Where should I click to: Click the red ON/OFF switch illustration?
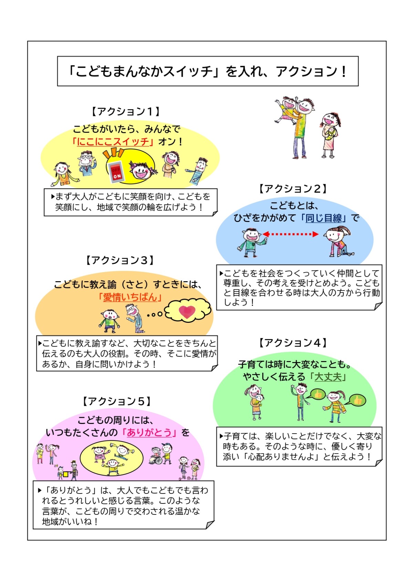coord(115,171)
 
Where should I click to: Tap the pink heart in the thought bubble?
coord(187,312)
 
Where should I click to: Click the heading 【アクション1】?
coord(126,112)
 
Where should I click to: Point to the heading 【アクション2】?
coord(293,189)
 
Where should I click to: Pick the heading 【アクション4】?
coord(293,343)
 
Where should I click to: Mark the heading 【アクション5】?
coord(117,401)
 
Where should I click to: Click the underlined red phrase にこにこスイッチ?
coord(113,142)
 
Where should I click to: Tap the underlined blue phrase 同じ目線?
coord(324,218)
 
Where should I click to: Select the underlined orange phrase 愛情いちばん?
coord(130,297)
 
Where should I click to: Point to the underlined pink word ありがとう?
coord(149,433)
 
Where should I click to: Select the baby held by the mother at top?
coord(331,132)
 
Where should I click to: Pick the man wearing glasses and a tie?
coord(86,164)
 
